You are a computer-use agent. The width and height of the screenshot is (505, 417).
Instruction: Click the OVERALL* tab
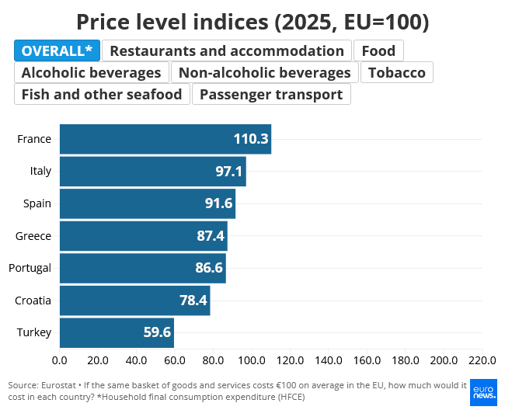pyautogui.click(x=57, y=50)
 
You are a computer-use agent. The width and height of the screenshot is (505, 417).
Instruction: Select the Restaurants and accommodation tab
pyautogui.click(x=227, y=50)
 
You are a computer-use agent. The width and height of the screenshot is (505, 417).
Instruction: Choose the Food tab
pyautogui.click(x=378, y=50)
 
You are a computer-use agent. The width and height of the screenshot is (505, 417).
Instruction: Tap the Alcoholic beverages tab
pyautogui.click(x=92, y=72)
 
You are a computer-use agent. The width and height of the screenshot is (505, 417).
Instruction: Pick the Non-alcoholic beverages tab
pyautogui.click(x=264, y=72)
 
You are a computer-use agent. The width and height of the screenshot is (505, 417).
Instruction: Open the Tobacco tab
pyautogui.click(x=397, y=72)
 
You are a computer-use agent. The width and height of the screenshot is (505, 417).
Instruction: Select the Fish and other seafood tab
pyautogui.click(x=102, y=94)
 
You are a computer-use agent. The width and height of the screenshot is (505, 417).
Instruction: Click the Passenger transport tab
pyautogui.click(x=271, y=94)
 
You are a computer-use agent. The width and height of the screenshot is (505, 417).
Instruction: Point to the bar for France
pyautogui.click(x=165, y=139)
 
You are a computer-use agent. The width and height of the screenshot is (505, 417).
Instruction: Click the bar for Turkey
pyautogui.click(x=117, y=332)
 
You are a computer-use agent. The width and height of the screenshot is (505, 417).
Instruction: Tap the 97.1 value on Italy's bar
pyautogui.click(x=228, y=172)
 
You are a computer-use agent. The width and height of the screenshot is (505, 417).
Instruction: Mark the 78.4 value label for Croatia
pyautogui.click(x=193, y=301)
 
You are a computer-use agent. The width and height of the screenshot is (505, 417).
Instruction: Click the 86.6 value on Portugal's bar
pyautogui.click(x=209, y=268)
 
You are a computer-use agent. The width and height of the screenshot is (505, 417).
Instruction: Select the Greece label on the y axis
pyautogui.click(x=33, y=236)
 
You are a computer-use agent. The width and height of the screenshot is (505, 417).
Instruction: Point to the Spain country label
pyautogui.click(x=37, y=203)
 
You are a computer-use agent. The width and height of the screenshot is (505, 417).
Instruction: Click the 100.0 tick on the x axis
pyautogui.click(x=252, y=360)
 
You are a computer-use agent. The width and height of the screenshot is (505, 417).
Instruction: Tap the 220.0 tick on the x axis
pyautogui.click(x=482, y=360)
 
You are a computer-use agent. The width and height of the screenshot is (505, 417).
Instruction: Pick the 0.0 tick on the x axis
pyautogui.click(x=60, y=360)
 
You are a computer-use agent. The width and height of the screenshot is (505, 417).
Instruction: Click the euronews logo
pyautogui.click(x=483, y=392)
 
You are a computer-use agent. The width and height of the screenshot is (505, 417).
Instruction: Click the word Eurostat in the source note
pyautogui.click(x=58, y=385)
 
